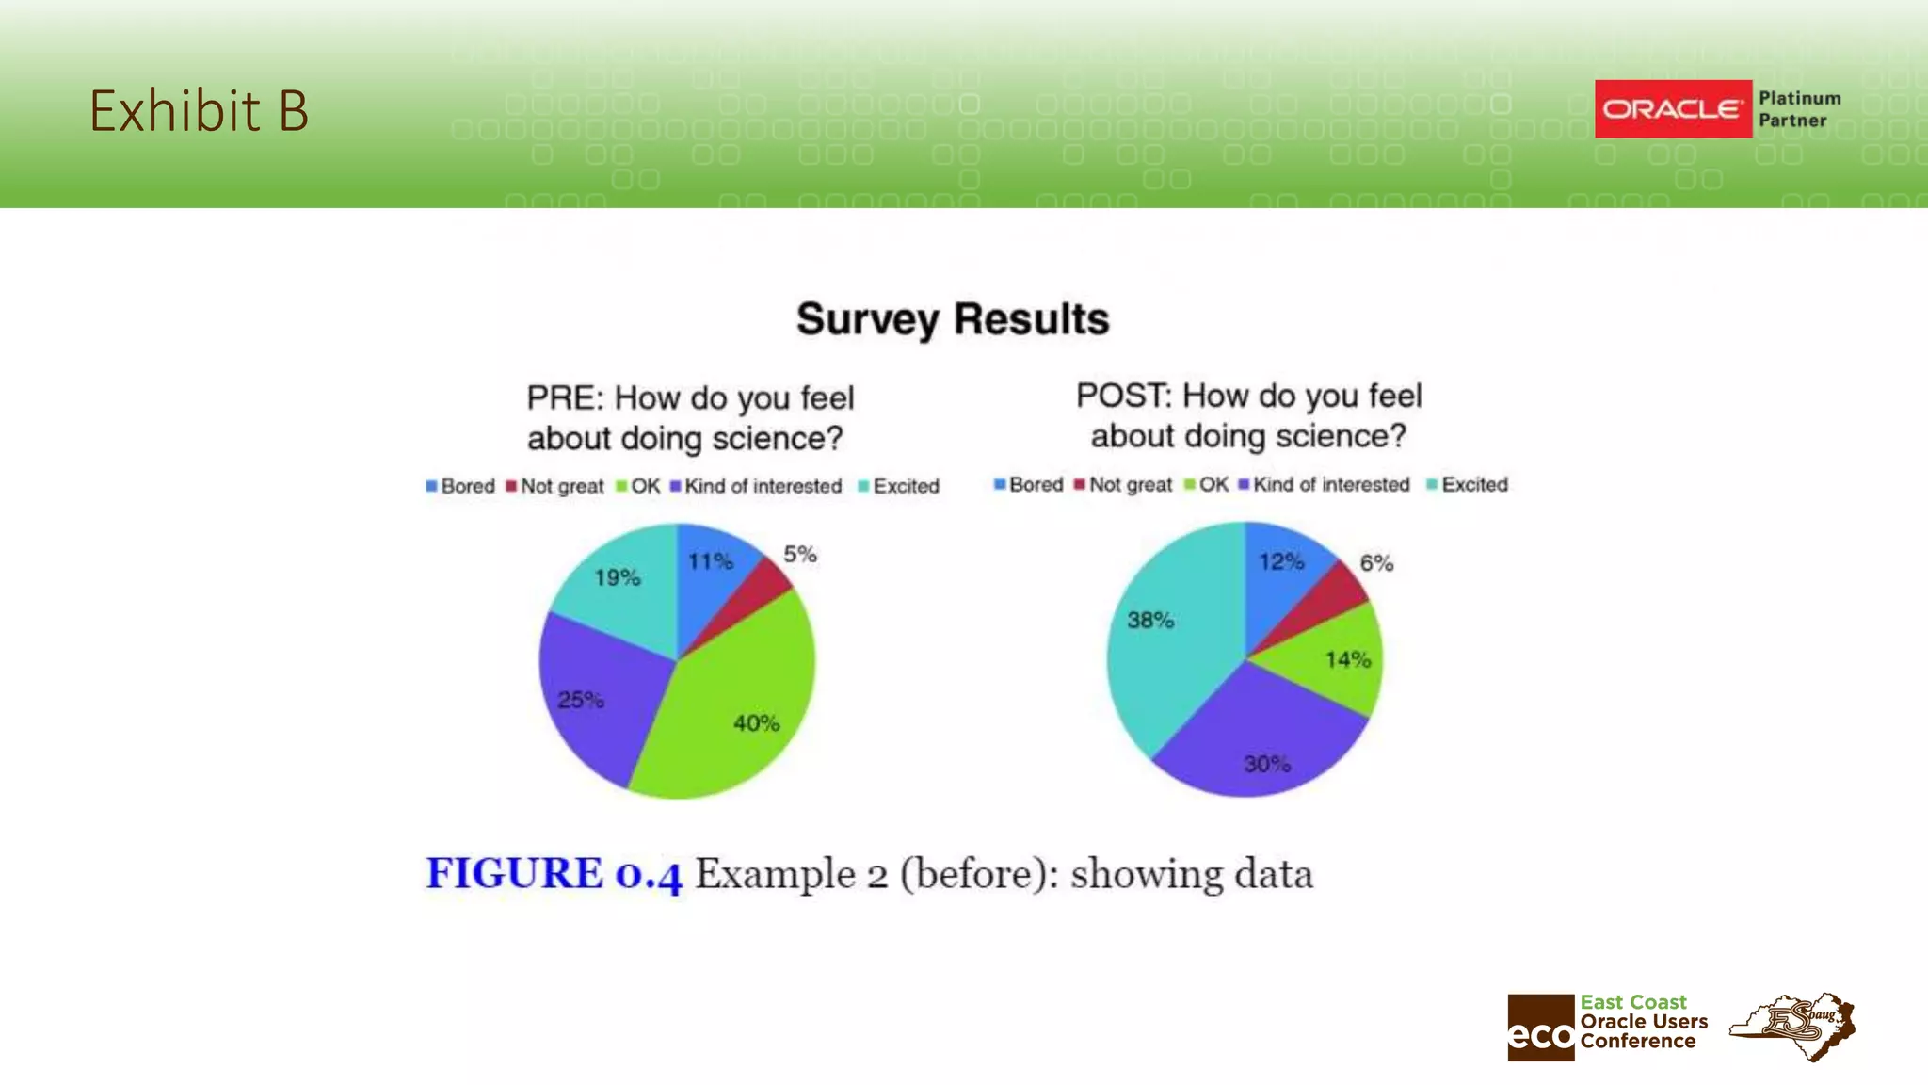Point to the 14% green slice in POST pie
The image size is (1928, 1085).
[1337, 659]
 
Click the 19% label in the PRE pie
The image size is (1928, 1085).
[618, 577]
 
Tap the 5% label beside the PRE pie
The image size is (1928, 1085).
[800, 555]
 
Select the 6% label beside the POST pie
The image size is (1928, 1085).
[1376, 563]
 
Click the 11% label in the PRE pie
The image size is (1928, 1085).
[710, 562]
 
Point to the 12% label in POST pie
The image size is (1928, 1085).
[1281, 562]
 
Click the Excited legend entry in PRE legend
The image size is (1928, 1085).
[899, 486]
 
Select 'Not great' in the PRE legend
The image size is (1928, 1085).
[555, 486]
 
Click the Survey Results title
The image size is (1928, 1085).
[953, 319]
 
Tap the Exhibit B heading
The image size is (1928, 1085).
[199, 110]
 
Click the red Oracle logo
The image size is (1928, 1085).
[1673, 109]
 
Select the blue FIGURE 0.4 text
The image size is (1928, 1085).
[554, 874]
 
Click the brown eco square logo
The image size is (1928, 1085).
[1540, 1028]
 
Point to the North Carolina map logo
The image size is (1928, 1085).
[1793, 1026]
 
